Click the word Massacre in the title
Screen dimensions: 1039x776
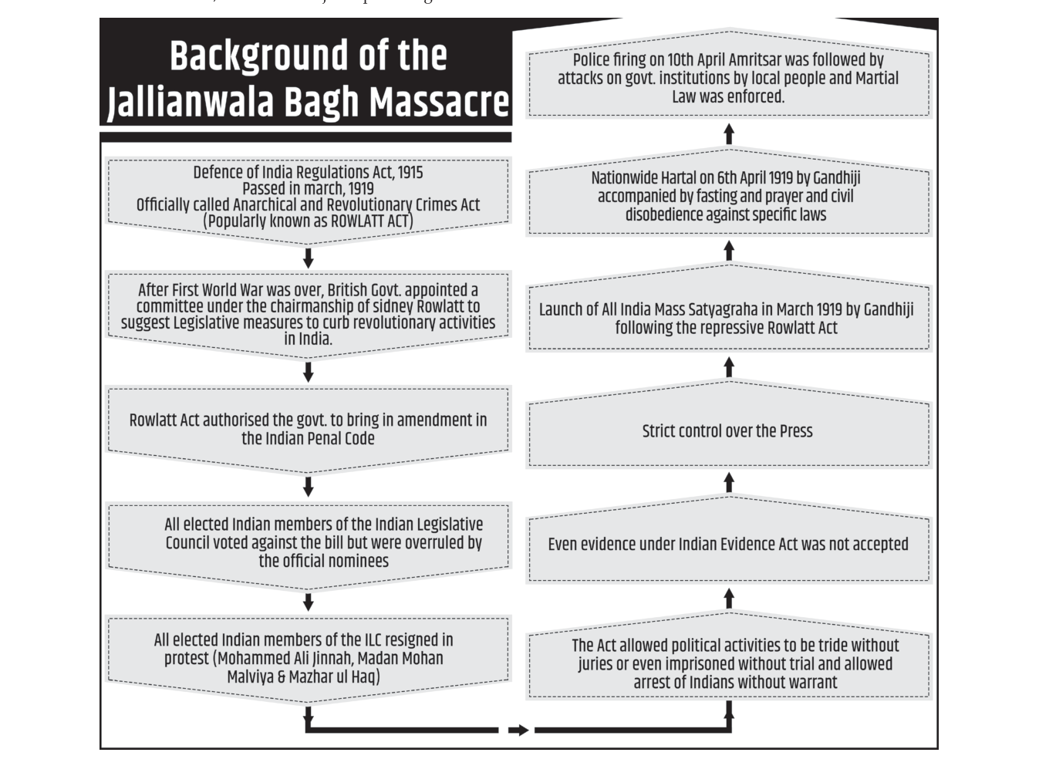[439, 102]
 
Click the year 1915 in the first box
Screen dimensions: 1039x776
[410, 173]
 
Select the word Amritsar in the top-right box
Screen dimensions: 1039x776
[769, 61]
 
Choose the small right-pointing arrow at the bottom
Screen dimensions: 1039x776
[518, 730]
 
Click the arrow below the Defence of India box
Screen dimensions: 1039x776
[308, 258]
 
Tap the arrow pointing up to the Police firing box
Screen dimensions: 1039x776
[729, 133]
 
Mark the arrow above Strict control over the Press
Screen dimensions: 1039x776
[729, 367]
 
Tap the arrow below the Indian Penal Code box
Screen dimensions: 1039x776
[308, 487]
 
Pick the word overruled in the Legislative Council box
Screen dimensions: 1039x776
[427, 543]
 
